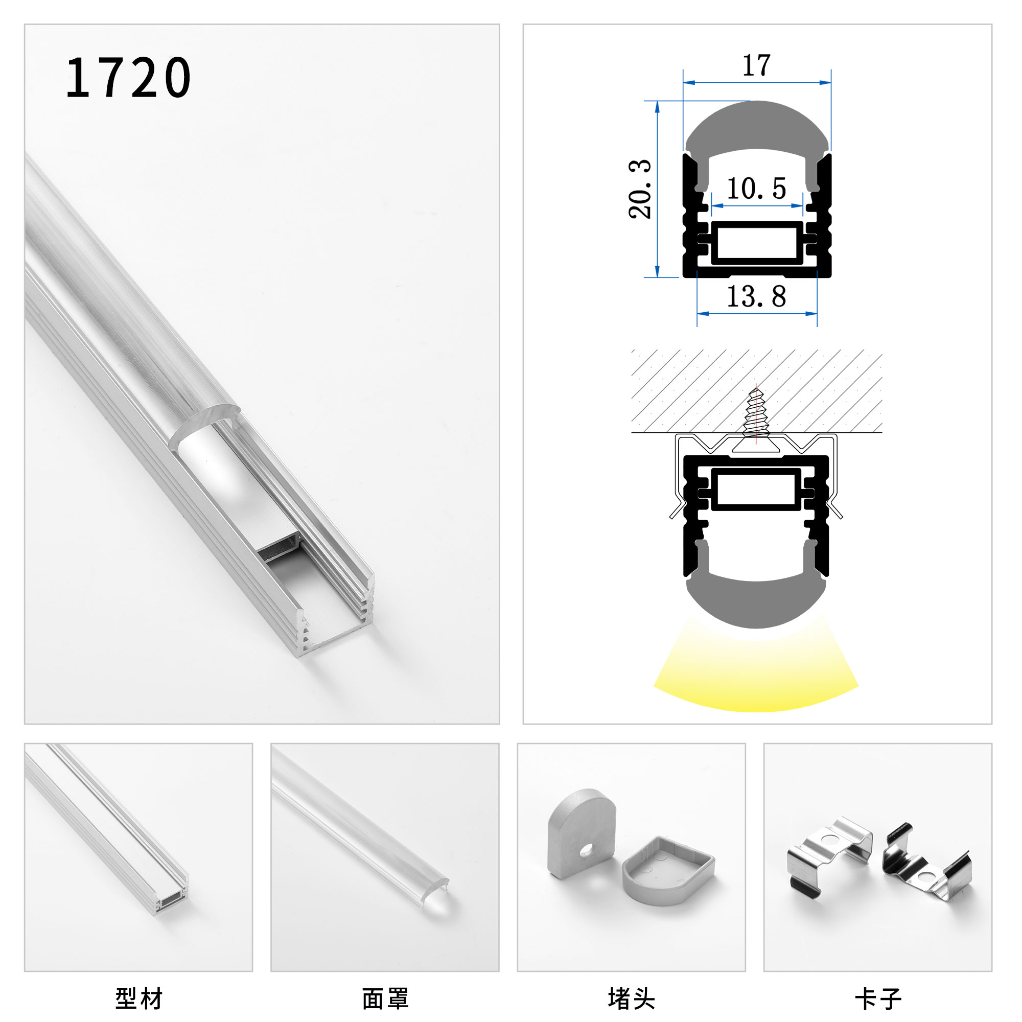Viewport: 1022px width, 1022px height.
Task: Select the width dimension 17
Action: pos(756,66)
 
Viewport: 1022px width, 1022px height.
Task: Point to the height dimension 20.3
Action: pos(640,189)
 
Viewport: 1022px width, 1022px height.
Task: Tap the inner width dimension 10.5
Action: pos(756,189)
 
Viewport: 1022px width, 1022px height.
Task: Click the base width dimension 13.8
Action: pos(756,297)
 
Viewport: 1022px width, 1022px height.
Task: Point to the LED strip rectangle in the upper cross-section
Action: pos(756,243)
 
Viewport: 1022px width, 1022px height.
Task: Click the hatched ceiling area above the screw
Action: pos(688,391)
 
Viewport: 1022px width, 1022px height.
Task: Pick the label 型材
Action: pos(139,998)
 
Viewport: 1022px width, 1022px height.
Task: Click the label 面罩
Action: pos(385,998)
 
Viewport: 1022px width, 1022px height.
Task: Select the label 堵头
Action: pos(631,998)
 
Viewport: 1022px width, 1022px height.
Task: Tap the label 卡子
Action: pos(877,998)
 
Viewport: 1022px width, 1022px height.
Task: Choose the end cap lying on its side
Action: pos(667,871)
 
